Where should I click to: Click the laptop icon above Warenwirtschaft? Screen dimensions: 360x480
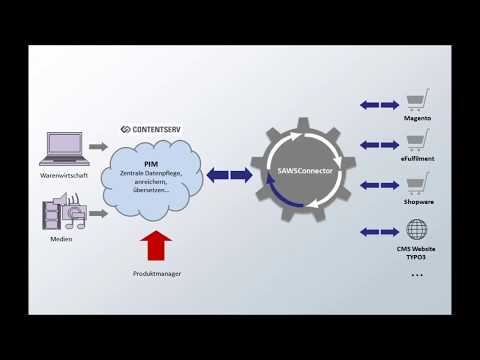[x=65, y=147]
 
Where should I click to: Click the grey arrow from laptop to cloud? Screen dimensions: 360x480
[x=98, y=147]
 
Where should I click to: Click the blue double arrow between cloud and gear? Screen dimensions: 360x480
[x=229, y=175]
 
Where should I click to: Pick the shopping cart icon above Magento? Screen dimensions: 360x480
[x=417, y=101]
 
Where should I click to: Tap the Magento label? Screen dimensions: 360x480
[x=417, y=119]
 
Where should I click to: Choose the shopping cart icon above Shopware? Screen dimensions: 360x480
[x=417, y=183]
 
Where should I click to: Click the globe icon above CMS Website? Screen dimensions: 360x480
[x=417, y=230]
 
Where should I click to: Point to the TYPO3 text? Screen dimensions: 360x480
[x=417, y=257]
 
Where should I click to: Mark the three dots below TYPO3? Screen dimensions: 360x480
[x=417, y=274]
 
